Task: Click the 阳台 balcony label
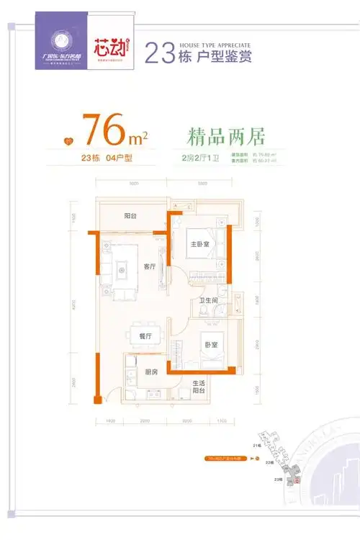(130, 215)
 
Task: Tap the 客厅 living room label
(150, 266)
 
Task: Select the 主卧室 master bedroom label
(199, 243)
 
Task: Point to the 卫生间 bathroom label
(210, 301)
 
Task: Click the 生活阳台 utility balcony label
(199, 387)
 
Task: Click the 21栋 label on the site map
(257, 446)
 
